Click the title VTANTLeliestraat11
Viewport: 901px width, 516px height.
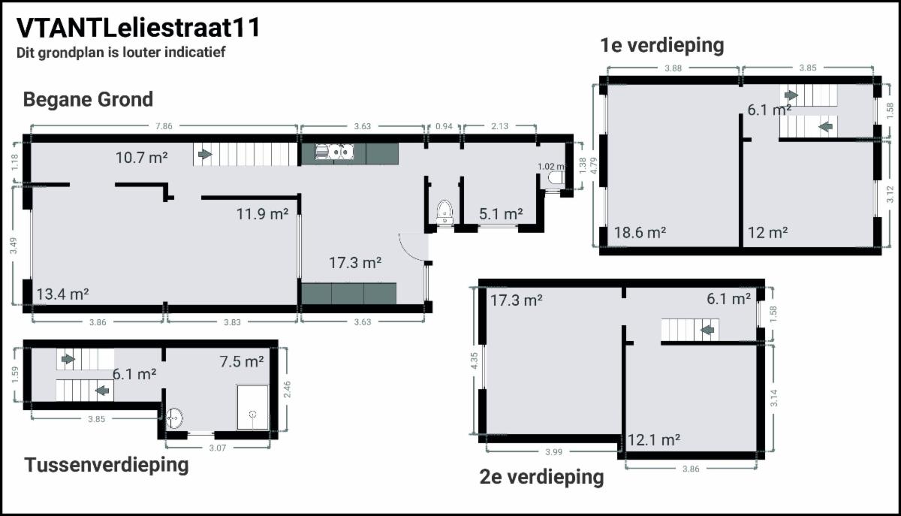pyautogui.click(x=138, y=29)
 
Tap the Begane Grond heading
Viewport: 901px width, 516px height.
pyautogui.click(x=88, y=99)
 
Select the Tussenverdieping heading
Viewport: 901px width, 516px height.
pyautogui.click(x=107, y=465)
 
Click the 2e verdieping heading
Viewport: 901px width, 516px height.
pyautogui.click(x=542, y=478)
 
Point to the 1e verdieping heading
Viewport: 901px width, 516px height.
pyautogui.click(x=662, y=45)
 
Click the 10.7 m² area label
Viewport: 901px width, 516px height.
pyautogui.click(x=141, y=158)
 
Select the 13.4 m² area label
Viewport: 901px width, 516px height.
pyautogui.click(x=63, y=294)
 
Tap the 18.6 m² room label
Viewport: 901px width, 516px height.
pyautogui.click(x=640, y=233)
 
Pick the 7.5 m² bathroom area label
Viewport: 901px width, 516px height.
pyautogui.click(x=242, y=361)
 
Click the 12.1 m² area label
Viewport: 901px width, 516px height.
pyautogui.click(x=654, y=440)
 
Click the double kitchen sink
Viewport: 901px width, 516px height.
pyautogui.click(x=334, y=152)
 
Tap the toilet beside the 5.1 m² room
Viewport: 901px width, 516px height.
pyautogui.click(x=444, y=211)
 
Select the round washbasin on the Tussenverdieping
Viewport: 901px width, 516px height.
pyautogui.click(x=174, y=418)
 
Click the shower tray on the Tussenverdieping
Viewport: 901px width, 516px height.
pyautogui.click(x=252, y=407)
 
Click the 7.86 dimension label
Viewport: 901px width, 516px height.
pyautogui.click(x=164, y=126)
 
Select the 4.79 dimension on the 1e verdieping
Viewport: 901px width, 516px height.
pyautogui.click(x=594, y=165)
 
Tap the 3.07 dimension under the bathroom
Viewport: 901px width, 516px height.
pyautogui.click(x=218, y=448)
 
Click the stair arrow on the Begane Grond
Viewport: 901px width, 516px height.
pyautogui.click(x=205, y=154)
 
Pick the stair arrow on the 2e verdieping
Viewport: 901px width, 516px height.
pyautogui.click(x=707, y=330)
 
